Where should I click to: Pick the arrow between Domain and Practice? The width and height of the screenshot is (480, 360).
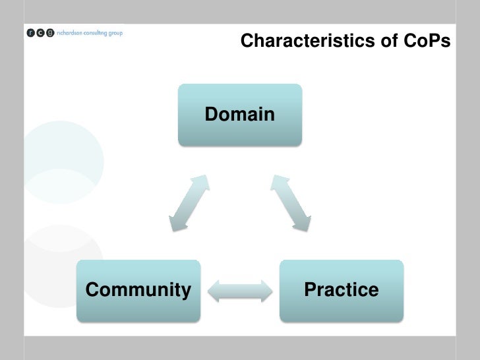(x=291, y=203)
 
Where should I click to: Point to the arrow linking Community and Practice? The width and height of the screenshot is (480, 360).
(x=240, y=291)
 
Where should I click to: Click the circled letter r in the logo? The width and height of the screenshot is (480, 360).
(x=32, y=34)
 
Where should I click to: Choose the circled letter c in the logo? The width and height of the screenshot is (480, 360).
(x=41, y=34)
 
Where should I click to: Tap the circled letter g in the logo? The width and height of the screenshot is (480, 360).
(x=50, y=34)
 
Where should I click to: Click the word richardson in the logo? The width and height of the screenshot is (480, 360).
(x=69, y=33)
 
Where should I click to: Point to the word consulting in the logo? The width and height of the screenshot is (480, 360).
(x=96, y=33)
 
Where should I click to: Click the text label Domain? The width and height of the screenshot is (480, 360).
(x=240, y=115)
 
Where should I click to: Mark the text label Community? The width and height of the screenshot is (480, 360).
(x=138, y=289)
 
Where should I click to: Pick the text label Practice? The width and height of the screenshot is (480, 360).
(x=341, y=289)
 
